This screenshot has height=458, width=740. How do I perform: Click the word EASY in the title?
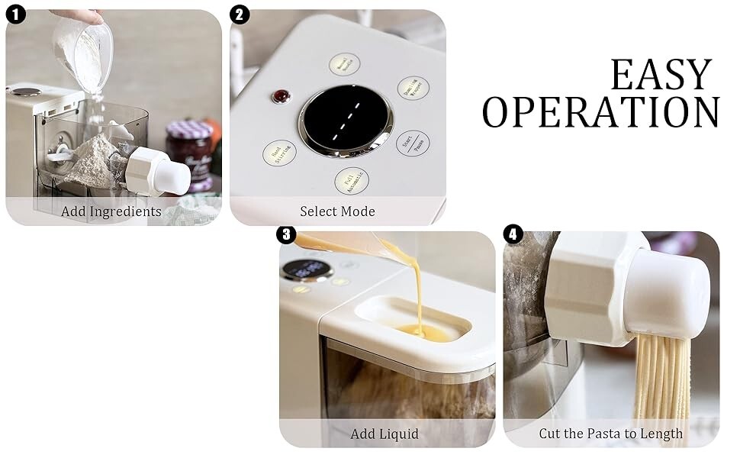(661, 75)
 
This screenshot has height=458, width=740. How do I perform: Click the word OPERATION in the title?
(600, 112)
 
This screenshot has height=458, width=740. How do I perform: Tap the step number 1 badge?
(16, 15)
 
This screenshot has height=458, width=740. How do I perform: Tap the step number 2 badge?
(240, 15)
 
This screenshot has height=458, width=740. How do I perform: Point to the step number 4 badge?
(513, 235)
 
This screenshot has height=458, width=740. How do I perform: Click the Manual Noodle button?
(344, 64)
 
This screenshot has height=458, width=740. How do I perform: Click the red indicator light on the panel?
(282, 96)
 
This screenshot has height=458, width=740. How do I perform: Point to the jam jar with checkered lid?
(188, 153)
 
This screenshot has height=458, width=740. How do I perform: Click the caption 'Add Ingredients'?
(111, 211)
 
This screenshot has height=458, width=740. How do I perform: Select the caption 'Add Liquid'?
(384, 434)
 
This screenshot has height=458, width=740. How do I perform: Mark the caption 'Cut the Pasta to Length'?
(610, 434)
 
